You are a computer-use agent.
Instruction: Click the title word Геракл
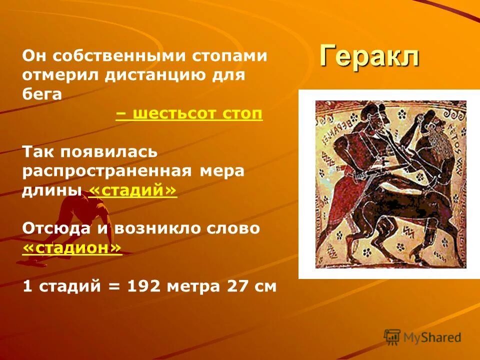369,56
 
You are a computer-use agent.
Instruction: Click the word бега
42,94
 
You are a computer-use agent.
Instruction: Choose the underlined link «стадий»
132,190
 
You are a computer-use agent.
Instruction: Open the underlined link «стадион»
72,247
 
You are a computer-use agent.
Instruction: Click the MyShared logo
422,337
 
